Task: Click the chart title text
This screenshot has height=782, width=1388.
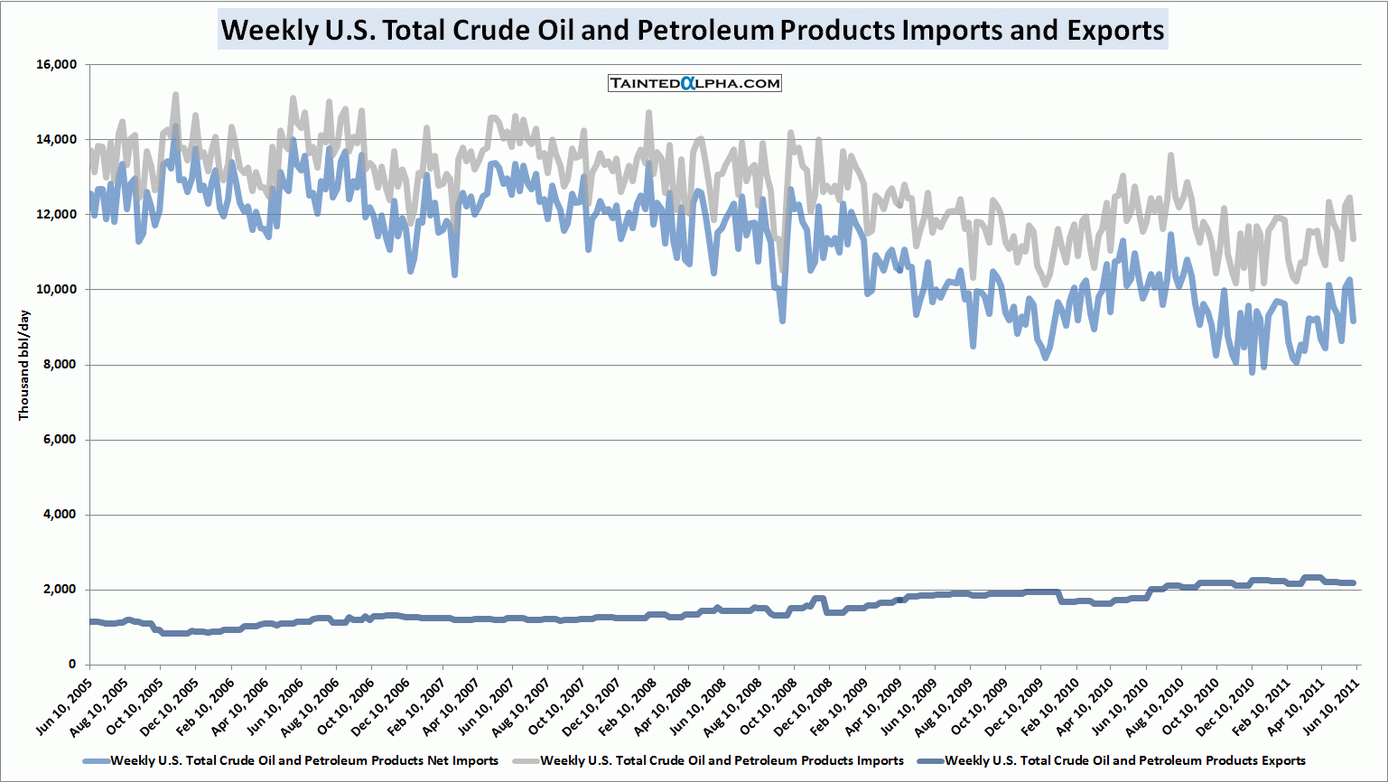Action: [693, 30]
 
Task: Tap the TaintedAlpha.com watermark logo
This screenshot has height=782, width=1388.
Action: [694, 83]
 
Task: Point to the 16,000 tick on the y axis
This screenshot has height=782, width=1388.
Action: [56, 65]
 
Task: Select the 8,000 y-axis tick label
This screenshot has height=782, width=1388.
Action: [60, 365]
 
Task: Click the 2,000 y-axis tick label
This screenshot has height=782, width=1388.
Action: [60, 590]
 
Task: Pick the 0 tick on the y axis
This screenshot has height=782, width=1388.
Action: [72, 665]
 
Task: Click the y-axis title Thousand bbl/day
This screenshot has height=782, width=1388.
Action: [24, 365]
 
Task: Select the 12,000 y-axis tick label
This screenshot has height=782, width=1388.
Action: [56, 215]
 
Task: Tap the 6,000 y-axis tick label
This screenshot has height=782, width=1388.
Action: [60, 440]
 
